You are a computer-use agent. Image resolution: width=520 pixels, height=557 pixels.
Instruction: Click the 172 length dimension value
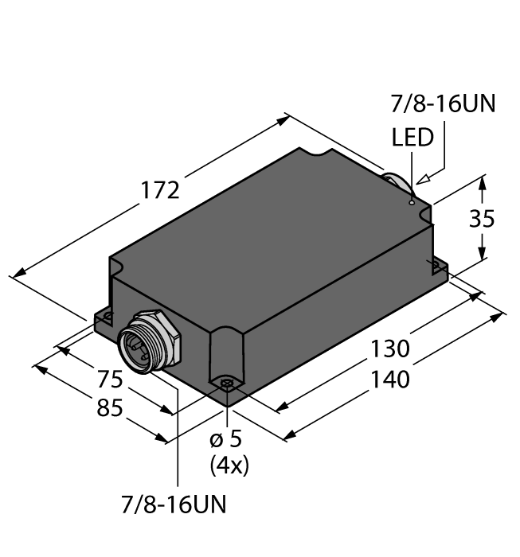[x=160, y=191]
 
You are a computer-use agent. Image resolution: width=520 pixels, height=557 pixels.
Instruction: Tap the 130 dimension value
[x=389, y=349]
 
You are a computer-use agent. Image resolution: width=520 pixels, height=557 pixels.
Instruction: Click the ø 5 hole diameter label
[x=229, y=440]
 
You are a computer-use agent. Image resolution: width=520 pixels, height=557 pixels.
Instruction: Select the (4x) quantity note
[x=229, y=465]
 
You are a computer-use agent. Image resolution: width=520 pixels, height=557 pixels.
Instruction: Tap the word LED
[x=413, y=138]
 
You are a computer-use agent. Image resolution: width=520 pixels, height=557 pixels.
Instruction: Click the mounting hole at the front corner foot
[x=227, y=386]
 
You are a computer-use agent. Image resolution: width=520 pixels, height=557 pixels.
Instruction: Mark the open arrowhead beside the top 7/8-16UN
[x=422, y=179]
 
